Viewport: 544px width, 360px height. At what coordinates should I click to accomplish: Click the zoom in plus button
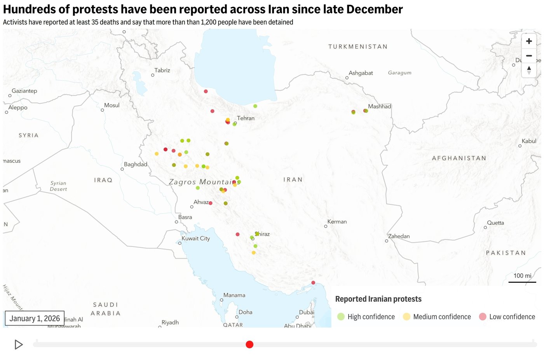tap(529, 41)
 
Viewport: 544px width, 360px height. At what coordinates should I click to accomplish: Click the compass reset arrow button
tap(529, 70)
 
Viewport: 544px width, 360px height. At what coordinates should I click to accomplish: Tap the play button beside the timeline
tap(18, 344)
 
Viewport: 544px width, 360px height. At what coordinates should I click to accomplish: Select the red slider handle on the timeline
tap(249, 344)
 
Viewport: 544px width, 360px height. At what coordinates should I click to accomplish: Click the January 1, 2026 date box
tap(35, 318)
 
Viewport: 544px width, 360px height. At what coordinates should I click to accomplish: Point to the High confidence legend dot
tap(341, 317)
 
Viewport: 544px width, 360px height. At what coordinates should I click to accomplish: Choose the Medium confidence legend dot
tap(406, 317)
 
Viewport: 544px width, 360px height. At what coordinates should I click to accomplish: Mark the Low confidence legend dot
tap(483, 317)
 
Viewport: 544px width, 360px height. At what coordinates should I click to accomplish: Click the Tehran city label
tap(246, 118)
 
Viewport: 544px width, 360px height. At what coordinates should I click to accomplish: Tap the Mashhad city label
tap(379, 106)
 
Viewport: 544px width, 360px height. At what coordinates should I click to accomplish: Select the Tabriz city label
tap(162, 70)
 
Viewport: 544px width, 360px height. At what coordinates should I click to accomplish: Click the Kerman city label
tap(337, 222)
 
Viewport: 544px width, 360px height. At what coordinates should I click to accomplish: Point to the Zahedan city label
tap(399, 236)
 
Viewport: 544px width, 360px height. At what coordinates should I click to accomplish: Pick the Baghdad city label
tap(136, 164)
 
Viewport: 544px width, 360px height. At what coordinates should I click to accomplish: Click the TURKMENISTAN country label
tap(357, 47)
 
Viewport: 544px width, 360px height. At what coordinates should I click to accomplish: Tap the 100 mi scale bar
tap(522, 278)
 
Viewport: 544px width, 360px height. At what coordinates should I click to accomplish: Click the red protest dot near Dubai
tap(313, 283)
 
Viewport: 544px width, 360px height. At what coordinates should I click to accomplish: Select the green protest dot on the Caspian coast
tap(255, 106)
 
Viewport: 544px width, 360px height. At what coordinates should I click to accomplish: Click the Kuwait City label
tap(195, 238)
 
